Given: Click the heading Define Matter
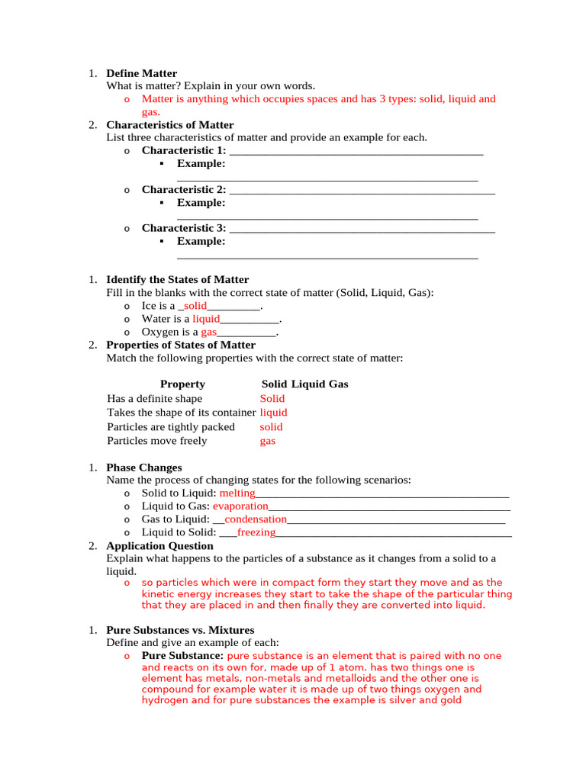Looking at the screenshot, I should click(x=141, y=74).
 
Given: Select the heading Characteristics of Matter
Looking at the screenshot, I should click(x=169, y=125).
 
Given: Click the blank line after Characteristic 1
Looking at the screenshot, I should click(x=356, y=151).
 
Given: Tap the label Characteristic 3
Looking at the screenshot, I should click(x=183, y=228).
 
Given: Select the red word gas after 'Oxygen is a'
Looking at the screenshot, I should click(x=209, y=333).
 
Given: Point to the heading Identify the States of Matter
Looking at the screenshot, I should click(x=177, y=280).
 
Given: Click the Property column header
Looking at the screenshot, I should click(x=182, y=384).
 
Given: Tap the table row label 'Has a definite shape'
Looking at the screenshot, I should click(x=155, y=399).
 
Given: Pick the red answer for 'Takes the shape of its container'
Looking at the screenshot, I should click(x=273, y=413).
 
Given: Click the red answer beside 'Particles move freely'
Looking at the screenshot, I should click(x=267, y=441).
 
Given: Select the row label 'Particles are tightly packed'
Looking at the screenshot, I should click(x=171, y=427).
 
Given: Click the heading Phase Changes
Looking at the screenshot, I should click(x=143, y=468).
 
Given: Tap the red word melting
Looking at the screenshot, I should click(x=237, y=493).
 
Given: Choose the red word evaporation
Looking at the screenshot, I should click(x=240, y=506).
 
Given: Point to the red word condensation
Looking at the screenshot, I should click(x=255, y=519).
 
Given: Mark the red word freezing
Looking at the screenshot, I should click(x=256, y=532).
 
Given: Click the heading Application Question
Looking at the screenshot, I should click(x=159, y=546).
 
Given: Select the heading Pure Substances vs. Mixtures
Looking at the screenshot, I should click(x=180, y=631).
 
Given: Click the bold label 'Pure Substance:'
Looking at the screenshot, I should click(x=182, y=656).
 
